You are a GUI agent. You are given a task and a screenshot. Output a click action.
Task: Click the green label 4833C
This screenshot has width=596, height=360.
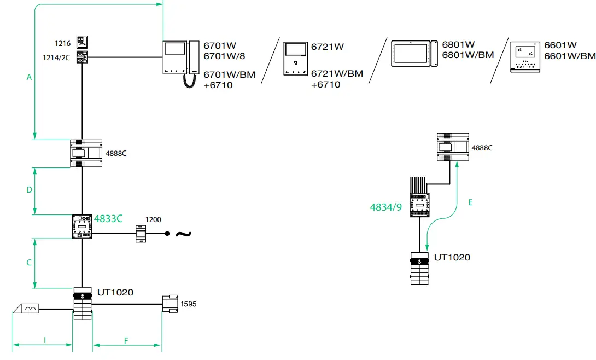108,219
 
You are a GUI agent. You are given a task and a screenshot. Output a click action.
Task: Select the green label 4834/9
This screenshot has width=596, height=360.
386,207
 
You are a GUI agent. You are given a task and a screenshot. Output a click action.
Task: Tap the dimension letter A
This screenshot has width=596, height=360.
29,77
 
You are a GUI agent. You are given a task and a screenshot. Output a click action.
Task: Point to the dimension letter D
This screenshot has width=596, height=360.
30,190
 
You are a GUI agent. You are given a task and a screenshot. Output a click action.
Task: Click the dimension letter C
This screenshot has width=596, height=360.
29,263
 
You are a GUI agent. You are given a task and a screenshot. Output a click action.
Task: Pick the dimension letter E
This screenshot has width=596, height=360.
470,202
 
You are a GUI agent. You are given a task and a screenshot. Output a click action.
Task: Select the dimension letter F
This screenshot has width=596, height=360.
126,341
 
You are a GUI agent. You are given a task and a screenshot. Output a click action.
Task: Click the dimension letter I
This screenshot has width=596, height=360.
45,340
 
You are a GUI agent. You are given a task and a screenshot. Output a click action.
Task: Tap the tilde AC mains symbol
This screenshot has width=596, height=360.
183,234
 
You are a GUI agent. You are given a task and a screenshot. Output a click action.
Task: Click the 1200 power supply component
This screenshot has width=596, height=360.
141,234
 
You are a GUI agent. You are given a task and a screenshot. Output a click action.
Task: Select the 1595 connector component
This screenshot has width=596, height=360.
170,304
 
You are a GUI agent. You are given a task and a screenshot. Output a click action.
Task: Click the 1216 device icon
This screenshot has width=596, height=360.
82,42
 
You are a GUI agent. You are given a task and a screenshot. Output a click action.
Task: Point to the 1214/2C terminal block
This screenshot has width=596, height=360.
82,57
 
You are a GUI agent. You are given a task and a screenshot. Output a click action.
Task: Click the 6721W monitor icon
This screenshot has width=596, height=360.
296,59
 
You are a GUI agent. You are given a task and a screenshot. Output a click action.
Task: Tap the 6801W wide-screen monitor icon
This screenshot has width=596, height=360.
414,54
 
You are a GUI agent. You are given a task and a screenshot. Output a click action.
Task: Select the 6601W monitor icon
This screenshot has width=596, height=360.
525,57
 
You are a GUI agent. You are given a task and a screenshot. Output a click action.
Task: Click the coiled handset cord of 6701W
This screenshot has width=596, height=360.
189,81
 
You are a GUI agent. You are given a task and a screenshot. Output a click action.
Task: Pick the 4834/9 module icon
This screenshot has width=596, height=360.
419,198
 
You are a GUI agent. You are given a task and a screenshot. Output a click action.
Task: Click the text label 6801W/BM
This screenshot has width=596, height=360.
468,55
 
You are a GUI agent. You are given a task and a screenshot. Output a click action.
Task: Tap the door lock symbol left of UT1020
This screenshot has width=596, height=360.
26,309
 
